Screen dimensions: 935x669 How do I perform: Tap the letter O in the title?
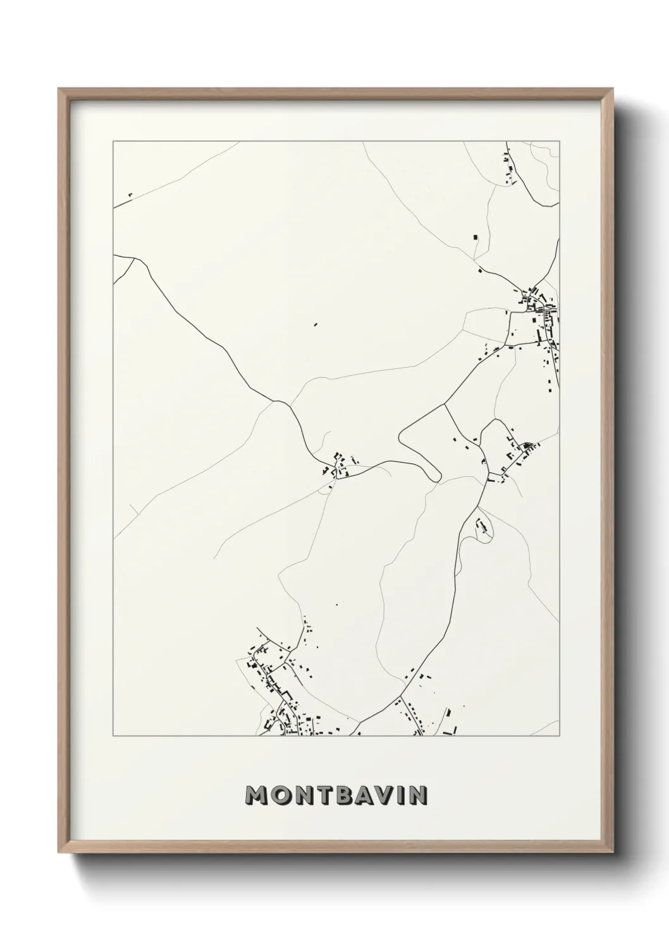(281, 795)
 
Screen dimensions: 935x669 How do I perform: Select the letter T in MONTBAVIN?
(327, 795)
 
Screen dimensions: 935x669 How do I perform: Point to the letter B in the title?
(348, 795)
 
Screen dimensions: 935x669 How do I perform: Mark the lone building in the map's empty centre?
(316, 325)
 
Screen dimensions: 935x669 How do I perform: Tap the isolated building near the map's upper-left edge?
(129, 195)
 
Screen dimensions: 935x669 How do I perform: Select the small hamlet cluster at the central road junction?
(338, 465)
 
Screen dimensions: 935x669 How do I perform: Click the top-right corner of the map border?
(560, 142)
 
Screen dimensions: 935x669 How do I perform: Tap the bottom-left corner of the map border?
(113, 736)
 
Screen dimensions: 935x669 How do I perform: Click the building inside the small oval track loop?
(484, 526)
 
